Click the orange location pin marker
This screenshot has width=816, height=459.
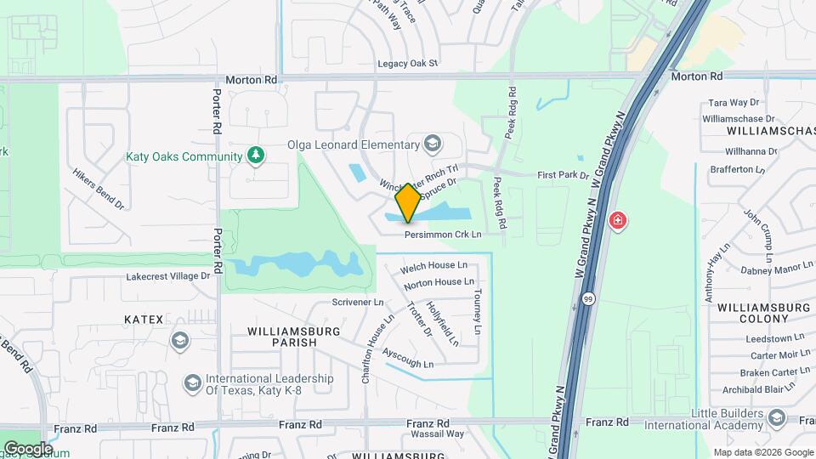408,202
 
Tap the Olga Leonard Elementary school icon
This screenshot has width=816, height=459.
433,144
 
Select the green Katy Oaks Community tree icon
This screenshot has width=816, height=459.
254,156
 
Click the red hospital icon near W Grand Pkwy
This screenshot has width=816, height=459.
618,222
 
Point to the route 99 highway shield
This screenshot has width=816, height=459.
588,299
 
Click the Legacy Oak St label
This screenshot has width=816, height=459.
408,63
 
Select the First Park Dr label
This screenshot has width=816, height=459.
563,175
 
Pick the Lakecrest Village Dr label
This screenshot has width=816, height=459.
167,276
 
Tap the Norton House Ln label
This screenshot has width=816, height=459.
439,282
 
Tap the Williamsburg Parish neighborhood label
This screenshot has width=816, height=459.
293,336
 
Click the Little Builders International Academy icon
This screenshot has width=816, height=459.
776,416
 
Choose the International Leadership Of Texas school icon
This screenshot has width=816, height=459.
193,383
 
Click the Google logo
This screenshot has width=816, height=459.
27,448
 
